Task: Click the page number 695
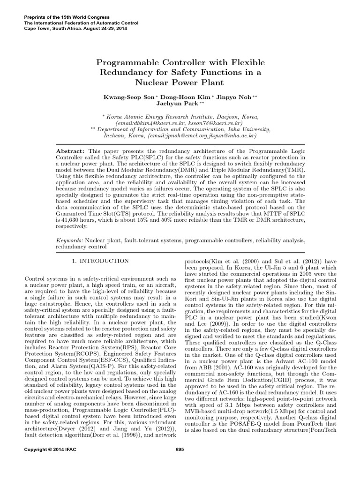coord(180,450)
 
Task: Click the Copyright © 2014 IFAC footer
coord(49,450)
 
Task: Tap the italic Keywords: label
coord(70,240)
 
